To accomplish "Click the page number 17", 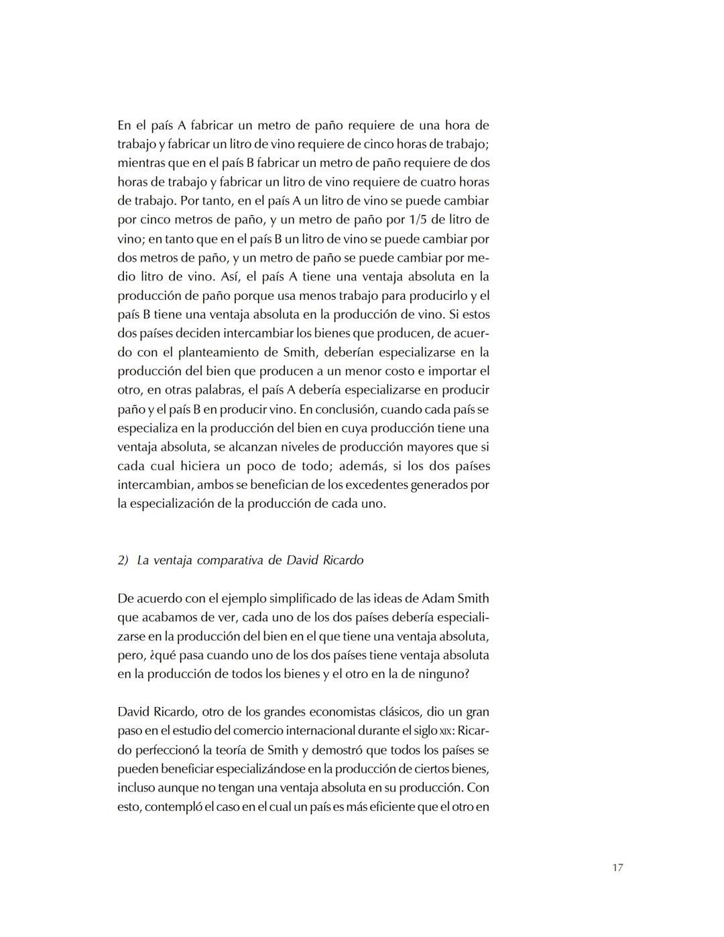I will [617, 868].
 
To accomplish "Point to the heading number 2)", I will [123, 560].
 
